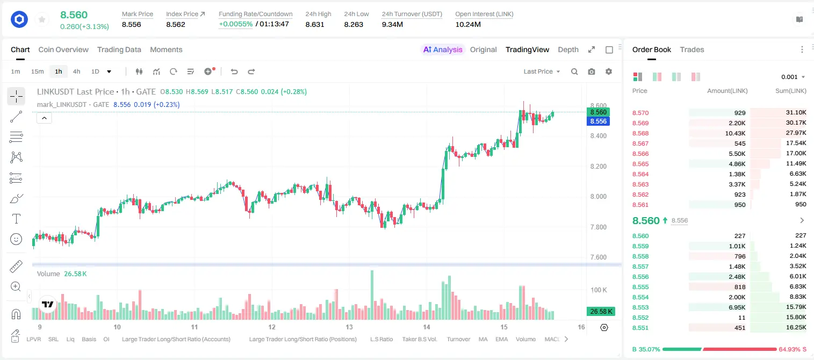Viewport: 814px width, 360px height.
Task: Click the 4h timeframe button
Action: [76, 71]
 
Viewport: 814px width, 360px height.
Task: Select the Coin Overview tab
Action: [63, 49]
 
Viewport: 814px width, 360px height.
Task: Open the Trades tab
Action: [692, 49]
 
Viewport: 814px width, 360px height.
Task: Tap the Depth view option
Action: [568, 49]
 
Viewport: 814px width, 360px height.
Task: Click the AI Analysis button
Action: [443, 49]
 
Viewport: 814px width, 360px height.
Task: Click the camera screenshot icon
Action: [592, 71]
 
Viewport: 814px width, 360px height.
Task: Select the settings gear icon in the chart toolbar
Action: [609, 71]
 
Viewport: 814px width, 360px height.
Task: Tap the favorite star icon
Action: [42, 19]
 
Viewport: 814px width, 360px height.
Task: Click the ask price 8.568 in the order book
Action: [640, 133]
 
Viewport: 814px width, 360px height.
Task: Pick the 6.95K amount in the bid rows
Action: [737, 307]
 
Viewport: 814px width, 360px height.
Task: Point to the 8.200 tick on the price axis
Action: [598, 167]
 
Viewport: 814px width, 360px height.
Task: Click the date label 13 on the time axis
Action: [349, 327]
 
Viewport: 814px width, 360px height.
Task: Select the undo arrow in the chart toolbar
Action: [234, 71]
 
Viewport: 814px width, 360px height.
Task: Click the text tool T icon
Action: [16, 219]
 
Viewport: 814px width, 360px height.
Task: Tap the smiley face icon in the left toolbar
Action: [16, 239]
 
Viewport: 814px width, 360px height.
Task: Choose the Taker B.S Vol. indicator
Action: [419, 339]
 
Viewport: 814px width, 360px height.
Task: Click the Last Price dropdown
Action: [542, 71]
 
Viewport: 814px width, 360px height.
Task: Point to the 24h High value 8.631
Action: [315, 24]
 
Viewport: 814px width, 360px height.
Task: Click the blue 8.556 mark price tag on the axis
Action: [598, 121]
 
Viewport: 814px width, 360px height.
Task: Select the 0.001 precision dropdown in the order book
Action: [793, 77]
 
